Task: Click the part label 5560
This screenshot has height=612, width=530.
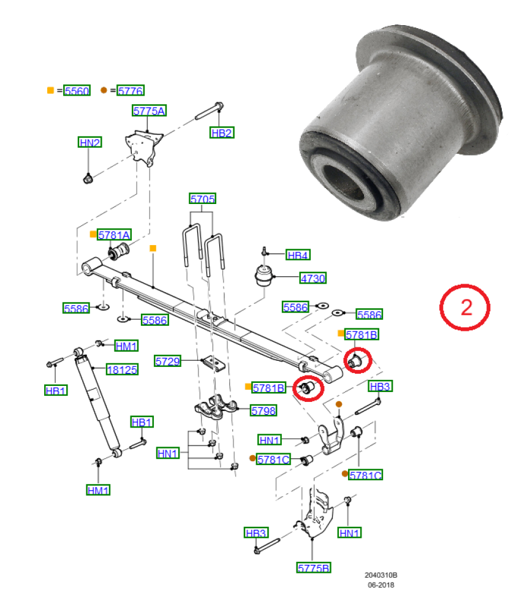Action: tap(77, 91)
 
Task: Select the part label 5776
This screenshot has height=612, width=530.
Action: tap(131, 91)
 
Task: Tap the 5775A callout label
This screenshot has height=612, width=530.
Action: tap(149, 111)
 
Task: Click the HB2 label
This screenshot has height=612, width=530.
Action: tap(222, 133)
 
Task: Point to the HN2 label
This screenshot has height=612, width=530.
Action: tap(90, 142)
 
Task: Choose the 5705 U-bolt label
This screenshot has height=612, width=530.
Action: tap(203, 198)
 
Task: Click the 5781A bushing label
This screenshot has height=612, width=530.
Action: tap(114, 235)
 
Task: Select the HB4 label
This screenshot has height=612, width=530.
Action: tap(298, 255)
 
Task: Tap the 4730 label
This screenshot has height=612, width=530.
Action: tap(313, 278)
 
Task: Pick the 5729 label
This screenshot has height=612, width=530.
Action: tap(168, 361)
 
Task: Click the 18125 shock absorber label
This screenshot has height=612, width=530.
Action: tap(122, 369)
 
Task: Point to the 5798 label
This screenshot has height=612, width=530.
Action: tap(264, 410)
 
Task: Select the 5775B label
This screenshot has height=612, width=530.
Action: tap(314, 567)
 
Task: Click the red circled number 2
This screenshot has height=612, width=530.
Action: tap(465, 308)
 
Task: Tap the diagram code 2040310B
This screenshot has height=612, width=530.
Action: tap(381, 575)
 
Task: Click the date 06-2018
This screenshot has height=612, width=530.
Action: tap(381, 584)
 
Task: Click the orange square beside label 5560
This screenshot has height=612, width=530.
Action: tap(50, 90)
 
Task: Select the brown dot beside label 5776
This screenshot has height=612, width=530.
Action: tap(104, 90)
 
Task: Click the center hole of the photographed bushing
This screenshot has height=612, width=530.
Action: tap(344, 183)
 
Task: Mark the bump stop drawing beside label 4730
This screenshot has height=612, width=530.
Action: tap(263, 275)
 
